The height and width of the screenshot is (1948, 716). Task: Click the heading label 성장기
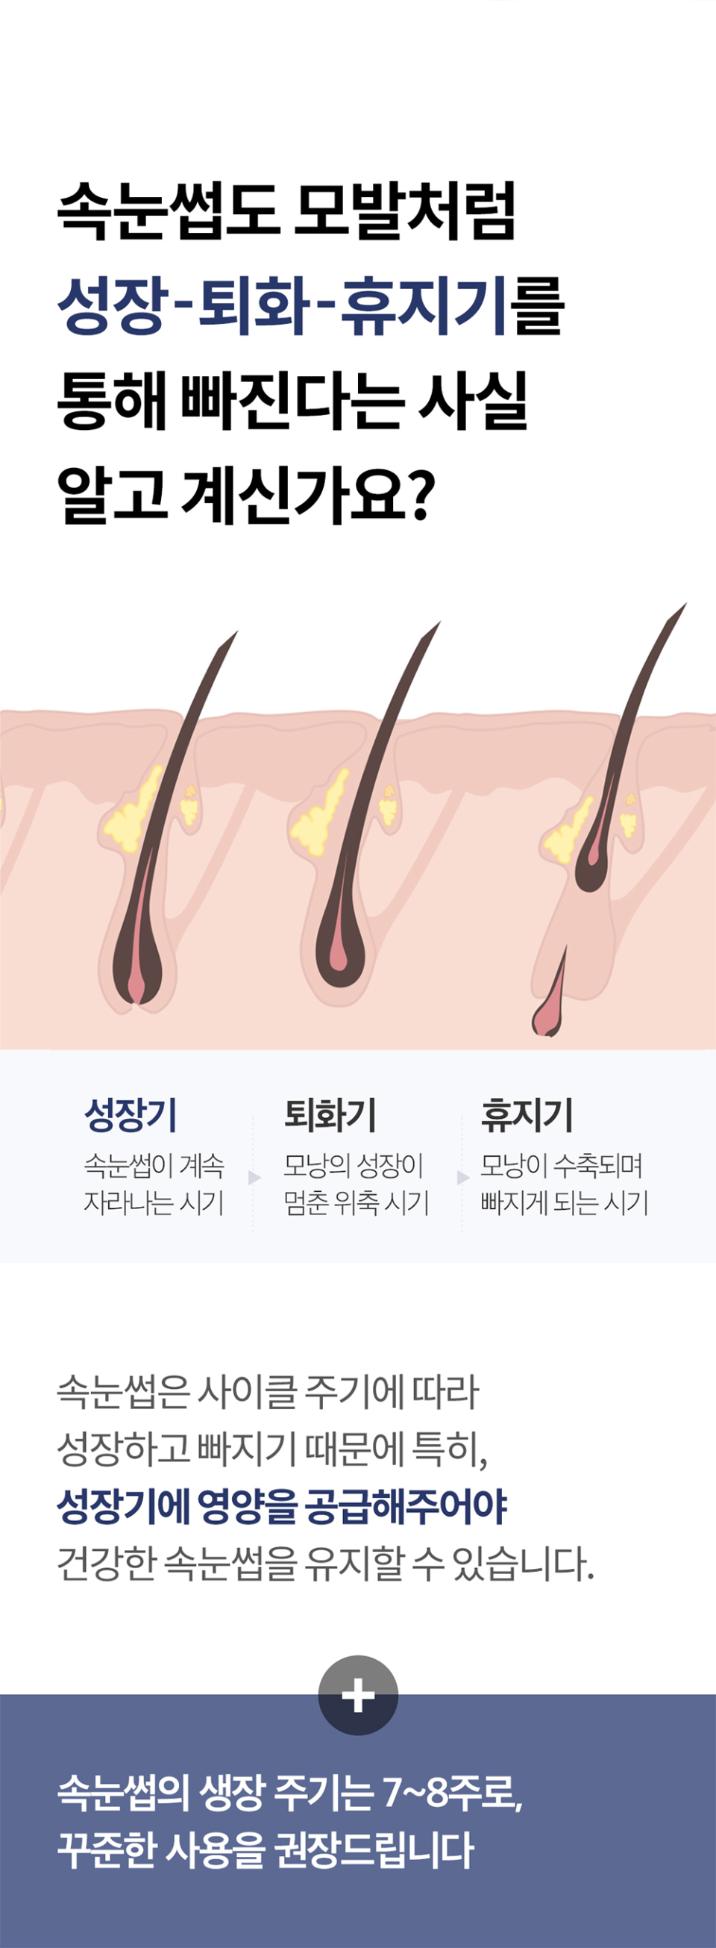click(x=130, y=1114)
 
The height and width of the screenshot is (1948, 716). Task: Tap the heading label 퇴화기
click(x=330, y=1114)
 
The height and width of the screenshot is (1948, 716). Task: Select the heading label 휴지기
click(x=527, y=1114)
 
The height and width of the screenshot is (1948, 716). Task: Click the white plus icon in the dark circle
click(x=357, y=1695)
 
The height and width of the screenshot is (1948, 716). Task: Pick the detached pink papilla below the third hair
click(x=546, y=1018)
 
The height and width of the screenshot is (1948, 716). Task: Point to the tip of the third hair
click(x=682, y=607)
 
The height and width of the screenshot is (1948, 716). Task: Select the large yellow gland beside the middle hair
click(x=319, y=817)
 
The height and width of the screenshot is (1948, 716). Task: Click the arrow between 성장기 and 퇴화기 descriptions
click(x=254, y=1178)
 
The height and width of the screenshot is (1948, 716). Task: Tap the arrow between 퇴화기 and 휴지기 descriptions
click(x=462, y=1178)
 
